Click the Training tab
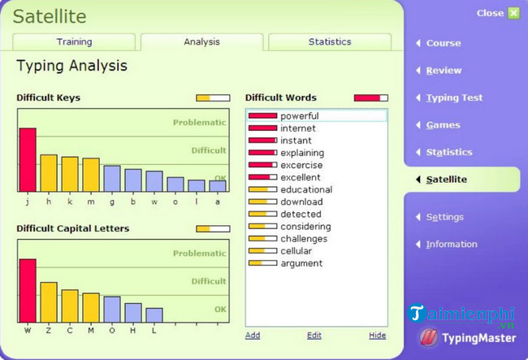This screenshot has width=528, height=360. point(74,41)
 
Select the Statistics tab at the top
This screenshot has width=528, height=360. point(330,41)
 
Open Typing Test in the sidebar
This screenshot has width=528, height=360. point(454,98)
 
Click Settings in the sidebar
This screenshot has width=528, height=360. point(444,217)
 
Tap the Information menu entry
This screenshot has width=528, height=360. point(452,244)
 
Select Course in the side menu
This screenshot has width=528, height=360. point(444,43)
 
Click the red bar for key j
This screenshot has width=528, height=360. point(28,159)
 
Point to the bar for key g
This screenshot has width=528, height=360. point(112,178)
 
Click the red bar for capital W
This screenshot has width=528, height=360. point(28,291)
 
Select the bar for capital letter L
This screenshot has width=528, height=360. point(154,315)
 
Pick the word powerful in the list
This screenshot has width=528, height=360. point(300,116)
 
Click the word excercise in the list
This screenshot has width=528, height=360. point(301,165)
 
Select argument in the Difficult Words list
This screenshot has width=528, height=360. point(301,263)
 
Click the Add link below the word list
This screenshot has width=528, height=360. point(253,335)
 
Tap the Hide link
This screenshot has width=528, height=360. point(377,335)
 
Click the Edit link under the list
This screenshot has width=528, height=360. point(314,335)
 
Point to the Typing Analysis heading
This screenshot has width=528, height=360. point(71,66)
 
